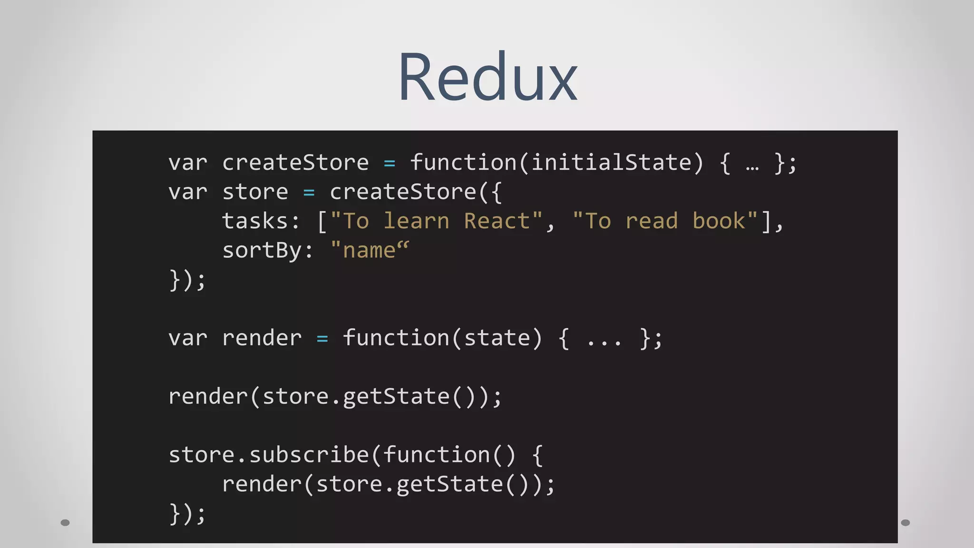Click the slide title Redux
coord(487,77)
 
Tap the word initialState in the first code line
coord(611,163)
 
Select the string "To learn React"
coord(436,221)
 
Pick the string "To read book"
coord(665,221)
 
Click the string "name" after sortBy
coord(370,251)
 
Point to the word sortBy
coord(261,251)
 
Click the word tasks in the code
coord(254,221)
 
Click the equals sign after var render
coord(322,339)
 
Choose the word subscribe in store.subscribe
coord(309,455)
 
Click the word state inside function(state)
coord(497,338)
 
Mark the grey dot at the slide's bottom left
coord(65,522)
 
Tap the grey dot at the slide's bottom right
coord(906,522)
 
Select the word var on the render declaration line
coord(188,338)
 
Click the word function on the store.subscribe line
coord(436,455)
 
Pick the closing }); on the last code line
coord(187,514)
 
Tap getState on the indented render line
coord(449,484)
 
